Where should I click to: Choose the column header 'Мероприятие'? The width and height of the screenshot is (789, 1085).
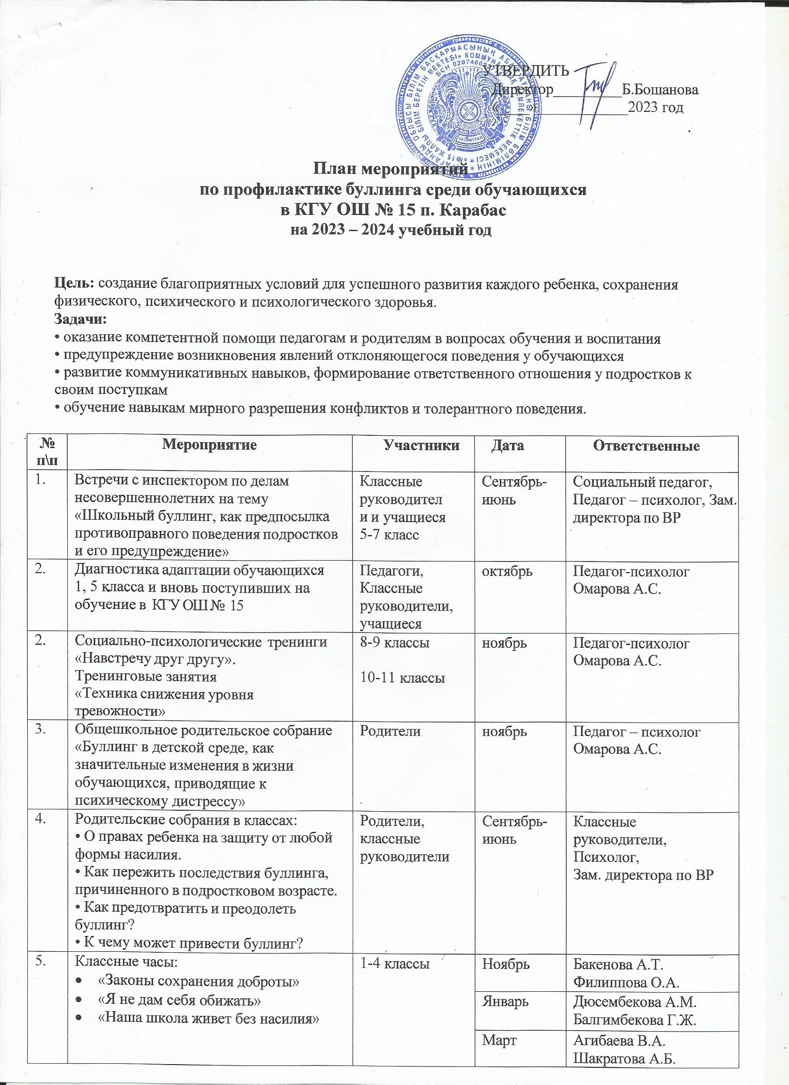coord(210,446)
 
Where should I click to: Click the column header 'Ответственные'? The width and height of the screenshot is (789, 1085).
coord(646,446)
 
